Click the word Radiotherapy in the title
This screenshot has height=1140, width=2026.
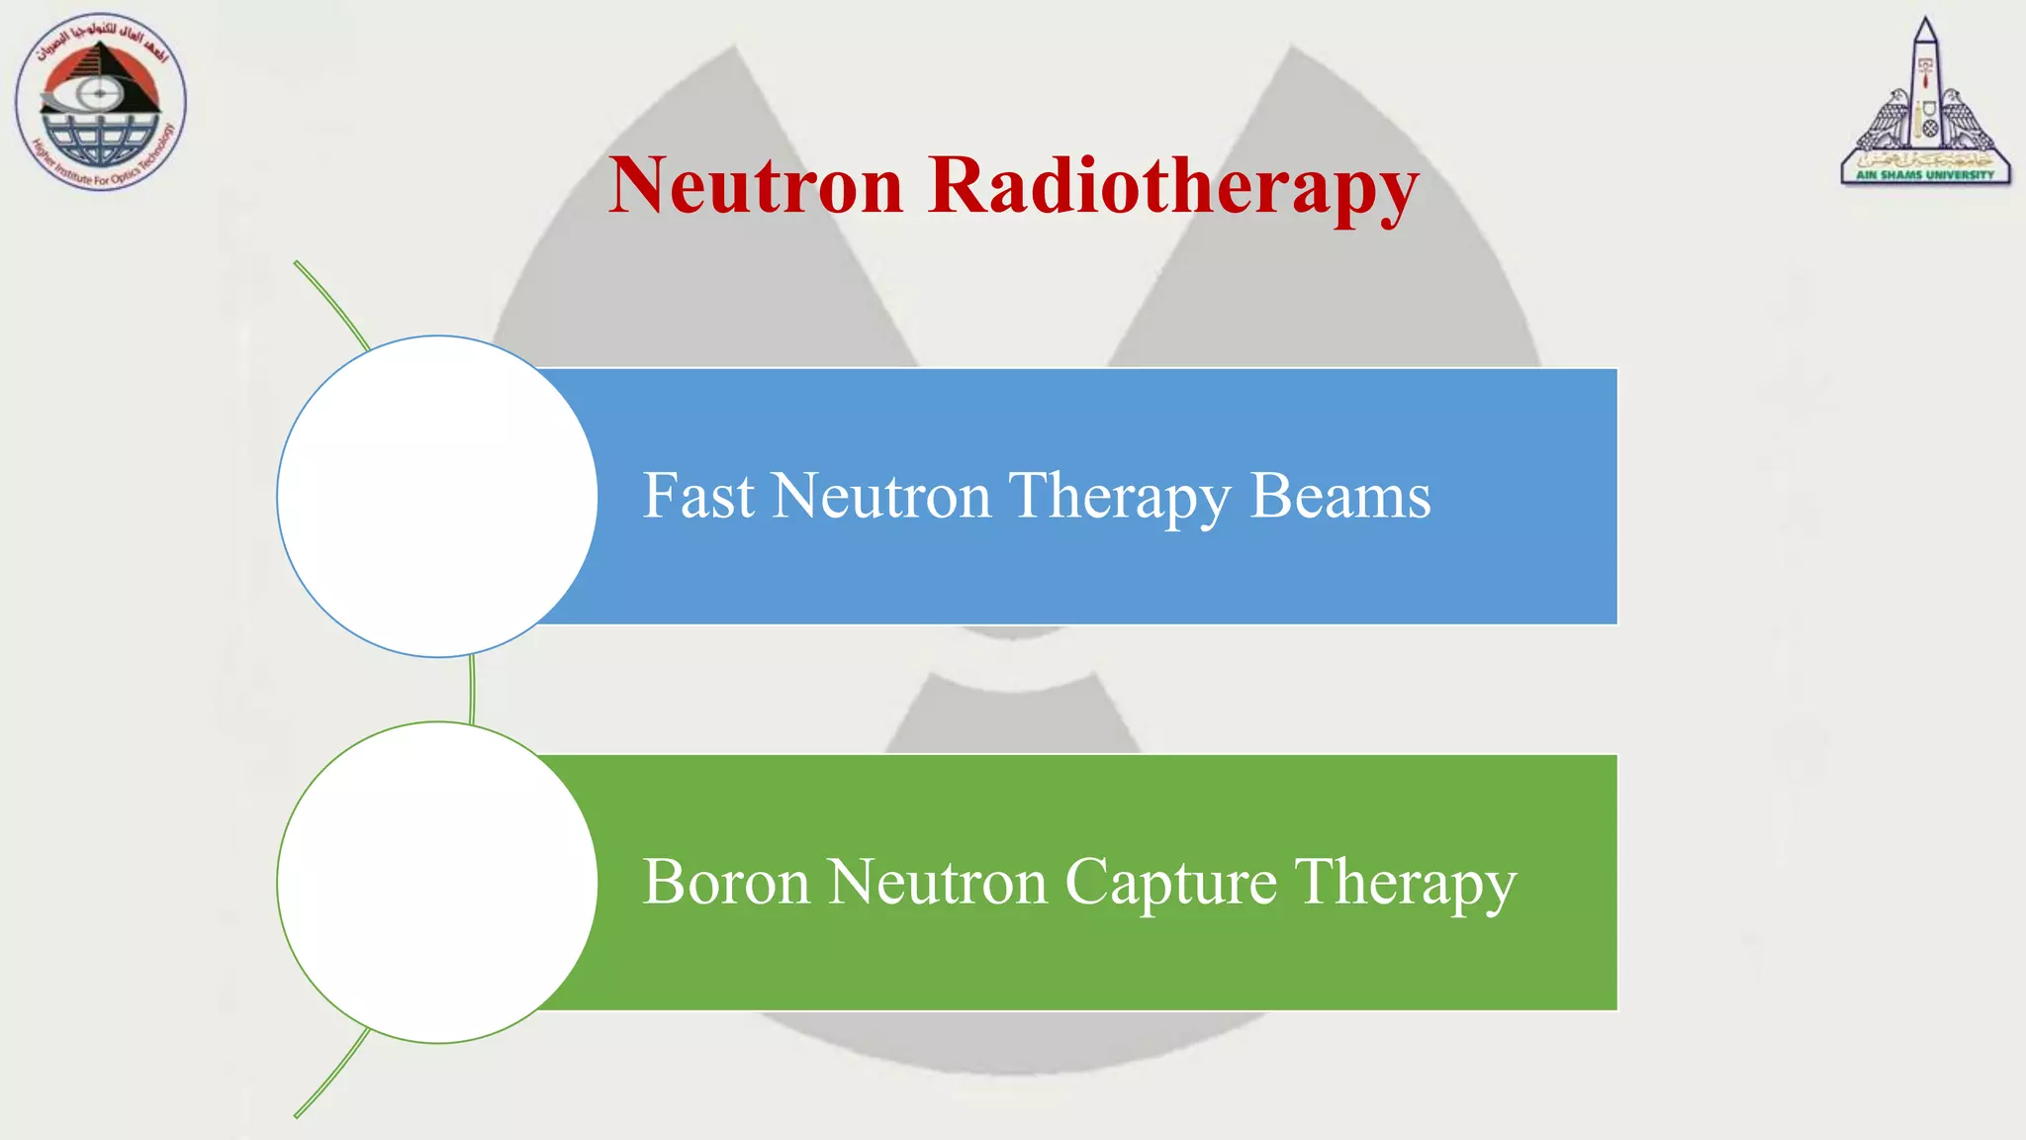click(1173, 188)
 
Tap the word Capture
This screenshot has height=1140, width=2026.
click(1170, 883)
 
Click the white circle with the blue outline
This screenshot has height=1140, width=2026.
click(437, 496)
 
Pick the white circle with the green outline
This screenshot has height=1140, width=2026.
click(437, 882)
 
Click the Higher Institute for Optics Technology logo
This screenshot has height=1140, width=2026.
click(100, 102)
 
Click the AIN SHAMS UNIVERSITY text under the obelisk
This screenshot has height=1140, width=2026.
click(1925, 175)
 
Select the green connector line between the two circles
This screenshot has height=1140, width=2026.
click(473, 690)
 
